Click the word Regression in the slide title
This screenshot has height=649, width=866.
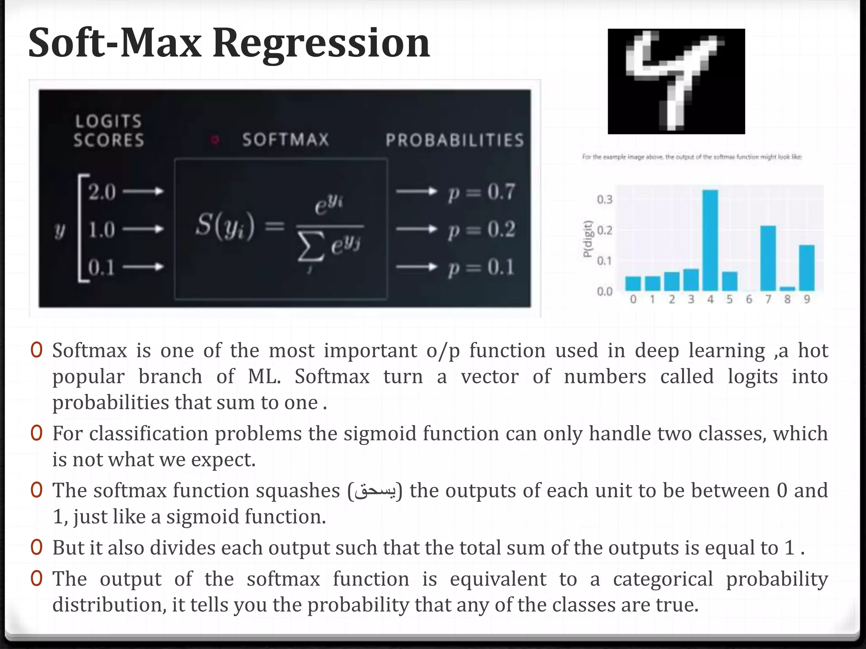321,43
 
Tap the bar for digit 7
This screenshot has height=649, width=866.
768,258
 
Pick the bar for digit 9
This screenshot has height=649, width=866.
806,267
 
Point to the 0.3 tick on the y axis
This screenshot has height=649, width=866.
604,199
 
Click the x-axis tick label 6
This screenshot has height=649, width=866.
749,300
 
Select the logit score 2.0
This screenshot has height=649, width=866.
102,192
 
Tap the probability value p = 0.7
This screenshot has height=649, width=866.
481,192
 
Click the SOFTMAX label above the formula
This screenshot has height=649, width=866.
285,140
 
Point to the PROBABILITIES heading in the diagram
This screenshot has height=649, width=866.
455,140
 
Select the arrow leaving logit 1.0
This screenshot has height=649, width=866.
143,229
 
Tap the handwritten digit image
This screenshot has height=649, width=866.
676,82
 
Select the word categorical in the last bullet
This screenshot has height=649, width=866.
663,579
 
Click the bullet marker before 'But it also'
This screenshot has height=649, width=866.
37,547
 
